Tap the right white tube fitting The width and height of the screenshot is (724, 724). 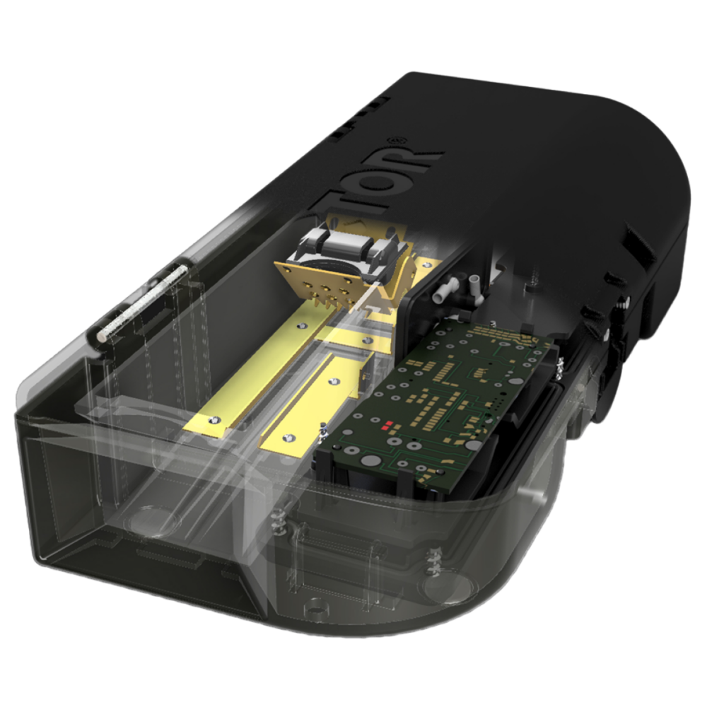(x=473, y=286)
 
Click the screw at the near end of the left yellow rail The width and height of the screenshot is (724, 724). (x=212, y=419)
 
